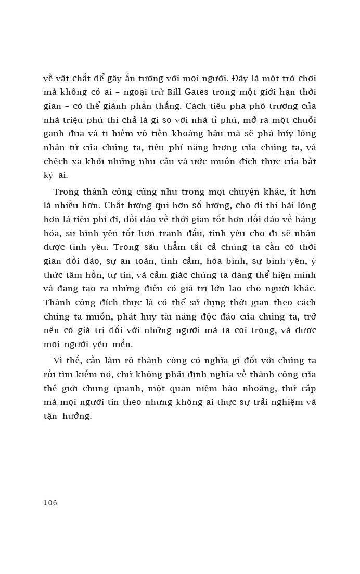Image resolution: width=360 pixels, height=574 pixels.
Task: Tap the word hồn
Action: click(x=95, y=273)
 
